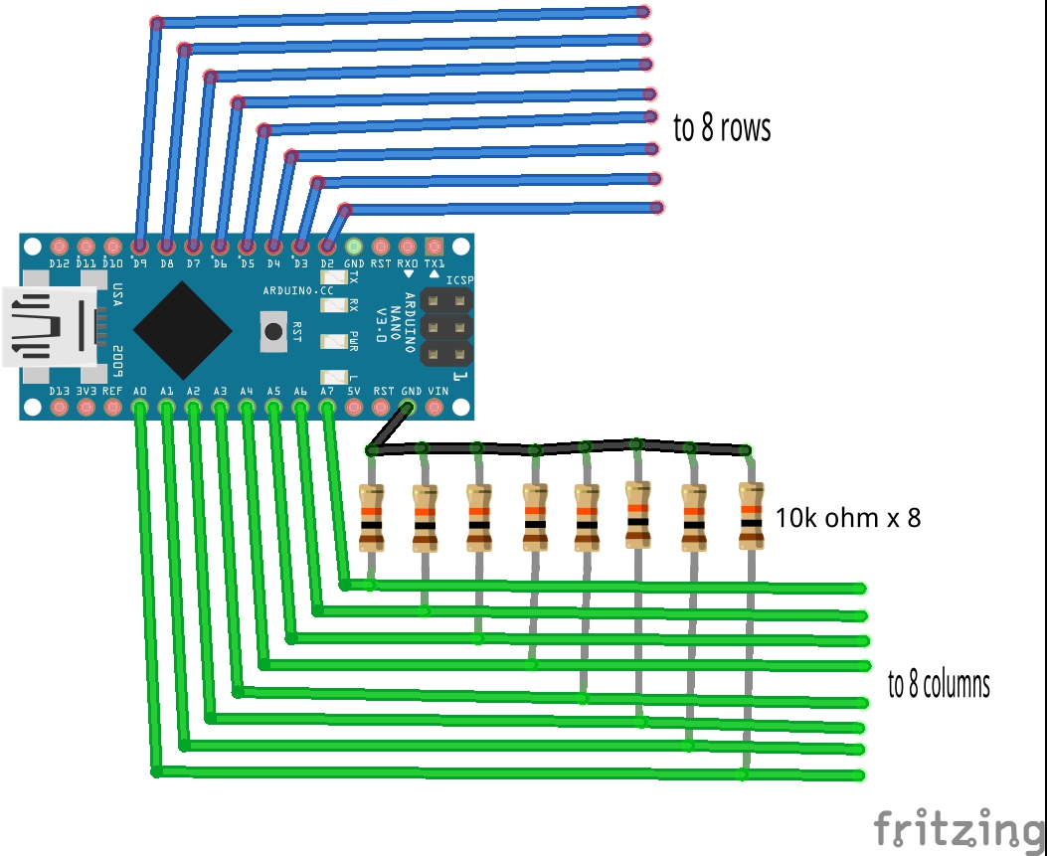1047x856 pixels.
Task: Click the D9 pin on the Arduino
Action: point(139,246)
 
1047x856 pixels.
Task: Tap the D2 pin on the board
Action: point(327,246)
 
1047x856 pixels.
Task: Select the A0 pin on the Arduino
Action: point(139,407)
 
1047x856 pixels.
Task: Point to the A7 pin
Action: point(327,407)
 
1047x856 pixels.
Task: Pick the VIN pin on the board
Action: point(436,407)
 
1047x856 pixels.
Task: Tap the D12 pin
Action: point(59,246)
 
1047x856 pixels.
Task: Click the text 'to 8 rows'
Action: point(722,128)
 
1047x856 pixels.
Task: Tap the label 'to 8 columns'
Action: point(939,685)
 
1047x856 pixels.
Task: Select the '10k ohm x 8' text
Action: point(848,518)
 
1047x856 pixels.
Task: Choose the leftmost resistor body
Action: point(371,518)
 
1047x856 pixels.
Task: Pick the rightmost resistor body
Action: point(751,515)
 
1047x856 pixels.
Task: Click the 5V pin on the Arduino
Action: point(354,407)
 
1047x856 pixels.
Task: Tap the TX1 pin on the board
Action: point(434,246)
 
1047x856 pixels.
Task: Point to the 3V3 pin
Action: point(86,407)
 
